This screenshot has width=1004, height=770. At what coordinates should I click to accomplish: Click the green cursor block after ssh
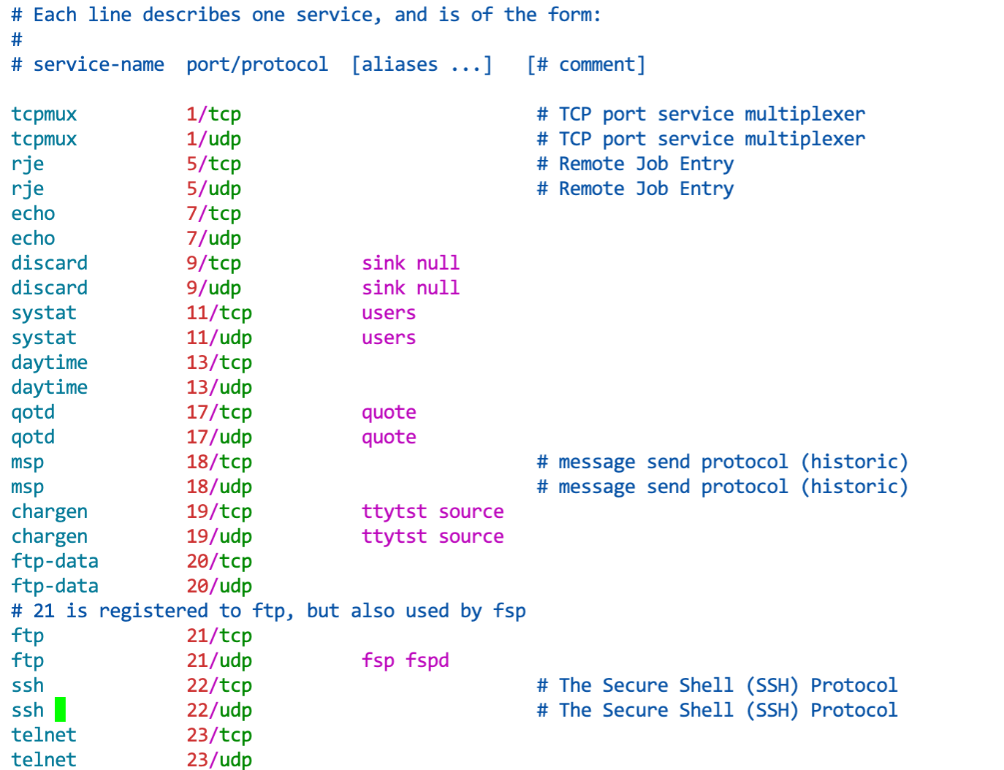60,709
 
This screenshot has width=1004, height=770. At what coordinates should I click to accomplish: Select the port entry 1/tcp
213,114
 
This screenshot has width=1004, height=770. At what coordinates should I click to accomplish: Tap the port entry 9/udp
213,288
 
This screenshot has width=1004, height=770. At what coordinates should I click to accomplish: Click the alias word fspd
427,660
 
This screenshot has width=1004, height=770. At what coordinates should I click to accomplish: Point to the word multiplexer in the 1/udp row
805,139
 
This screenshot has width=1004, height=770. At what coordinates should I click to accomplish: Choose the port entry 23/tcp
218,735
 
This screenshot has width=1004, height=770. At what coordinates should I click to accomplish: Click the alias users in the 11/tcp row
389,313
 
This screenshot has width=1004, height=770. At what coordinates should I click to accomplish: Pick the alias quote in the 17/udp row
389,437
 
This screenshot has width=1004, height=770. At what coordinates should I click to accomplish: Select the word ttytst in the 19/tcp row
394,511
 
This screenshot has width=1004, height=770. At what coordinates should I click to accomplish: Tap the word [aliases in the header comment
395,64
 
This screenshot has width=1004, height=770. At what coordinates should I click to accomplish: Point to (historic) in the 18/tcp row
854,462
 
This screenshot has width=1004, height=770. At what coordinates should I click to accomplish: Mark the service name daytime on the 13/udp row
49,387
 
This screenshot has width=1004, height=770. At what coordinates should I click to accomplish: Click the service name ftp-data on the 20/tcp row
55,561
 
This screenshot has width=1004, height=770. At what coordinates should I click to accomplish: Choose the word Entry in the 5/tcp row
707,164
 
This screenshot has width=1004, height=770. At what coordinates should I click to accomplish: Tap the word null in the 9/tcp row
438,263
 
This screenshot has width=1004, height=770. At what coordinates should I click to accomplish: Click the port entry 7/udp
213,238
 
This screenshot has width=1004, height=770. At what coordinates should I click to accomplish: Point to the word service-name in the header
99,64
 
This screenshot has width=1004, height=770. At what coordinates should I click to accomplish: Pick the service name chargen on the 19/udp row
49,536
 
